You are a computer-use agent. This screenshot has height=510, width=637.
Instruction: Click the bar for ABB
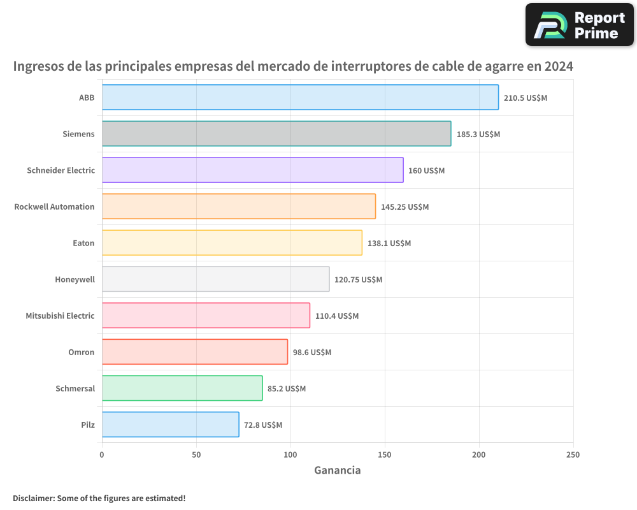coord(300,98)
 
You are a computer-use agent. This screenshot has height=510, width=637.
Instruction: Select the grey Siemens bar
coord(276,134)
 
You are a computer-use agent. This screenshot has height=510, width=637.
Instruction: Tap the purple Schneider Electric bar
coord(252,170)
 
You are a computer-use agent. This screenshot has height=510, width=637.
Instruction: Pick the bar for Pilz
coord(170,425)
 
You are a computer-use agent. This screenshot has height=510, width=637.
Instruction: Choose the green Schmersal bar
coord(182,388)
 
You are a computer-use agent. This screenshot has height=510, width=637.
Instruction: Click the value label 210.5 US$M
coord(526,98)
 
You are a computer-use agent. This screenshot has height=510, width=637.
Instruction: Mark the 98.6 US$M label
coord(312,353)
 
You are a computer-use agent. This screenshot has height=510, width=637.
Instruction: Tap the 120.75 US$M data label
coord(358,280)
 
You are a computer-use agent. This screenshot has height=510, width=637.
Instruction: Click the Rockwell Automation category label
coord(54,207)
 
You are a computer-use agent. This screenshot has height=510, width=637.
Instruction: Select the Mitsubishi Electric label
coord(60,316)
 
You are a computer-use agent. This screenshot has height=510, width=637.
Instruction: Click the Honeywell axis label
coord(75,279)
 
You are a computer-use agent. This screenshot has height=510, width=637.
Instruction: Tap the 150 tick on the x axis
coord(385,455)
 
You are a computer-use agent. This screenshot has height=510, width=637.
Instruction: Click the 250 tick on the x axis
coord(573,455)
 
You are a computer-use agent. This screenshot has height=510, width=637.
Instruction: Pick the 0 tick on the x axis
coord(102,455)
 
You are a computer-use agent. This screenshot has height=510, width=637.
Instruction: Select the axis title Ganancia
coord(337,470)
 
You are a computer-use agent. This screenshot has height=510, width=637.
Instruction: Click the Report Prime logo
coord(579,25)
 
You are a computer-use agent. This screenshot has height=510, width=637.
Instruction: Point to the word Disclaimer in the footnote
coord(33,498)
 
